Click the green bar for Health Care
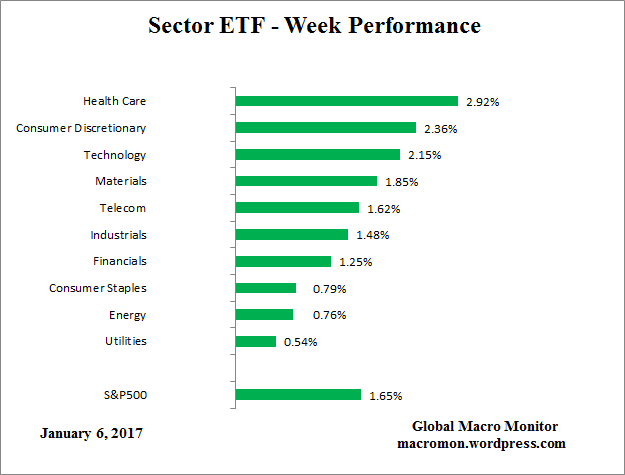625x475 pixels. pyautogui.click(x=346, y=101)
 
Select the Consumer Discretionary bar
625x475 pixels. pyautogui.click(x=325, y=128)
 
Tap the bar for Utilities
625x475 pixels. pyautogui.click(x=256, y=341)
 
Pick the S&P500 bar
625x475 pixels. pyautogui.click(x=298, y=394)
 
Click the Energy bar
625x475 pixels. pyautogui.click(x=264, y=315)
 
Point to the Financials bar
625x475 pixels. pyautogui.click(x=283, y=261)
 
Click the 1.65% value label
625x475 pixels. pyautogui.click(x=385, y=395)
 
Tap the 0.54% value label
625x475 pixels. pyautogui.click(x=299, y=342)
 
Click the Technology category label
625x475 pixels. pyautogui.click(x=115, y=155)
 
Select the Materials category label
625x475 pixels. pyautogui.click(x=120, y=181)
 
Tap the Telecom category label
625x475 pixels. pyautogui.click(x=123, y=208)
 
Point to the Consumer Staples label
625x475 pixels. pyautogui.click(x=98, y=288)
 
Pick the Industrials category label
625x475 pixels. pyautogui.click(x=118, y=235)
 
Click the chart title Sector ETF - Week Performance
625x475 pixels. pyautogui.click(x=314, y=25)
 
